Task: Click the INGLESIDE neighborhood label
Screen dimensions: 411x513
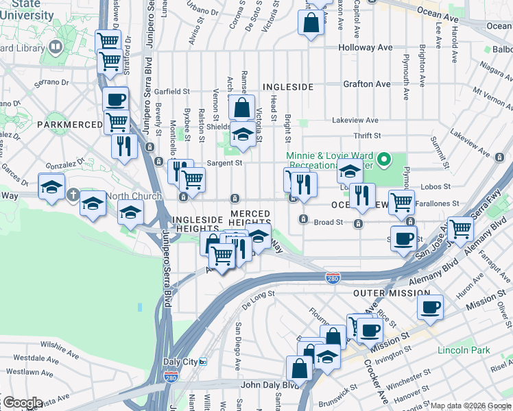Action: (287, 87)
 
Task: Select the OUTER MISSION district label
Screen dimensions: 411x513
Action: (381, 293)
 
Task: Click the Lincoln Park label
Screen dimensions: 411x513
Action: (464, 350)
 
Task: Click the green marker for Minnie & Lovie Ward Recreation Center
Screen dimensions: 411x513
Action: (385, 162)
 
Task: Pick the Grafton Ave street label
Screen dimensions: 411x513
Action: (366, 84)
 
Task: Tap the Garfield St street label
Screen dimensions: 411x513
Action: (171, 91)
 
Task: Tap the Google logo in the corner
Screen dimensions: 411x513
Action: (22, 403)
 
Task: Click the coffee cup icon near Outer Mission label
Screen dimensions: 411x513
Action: (430, 308)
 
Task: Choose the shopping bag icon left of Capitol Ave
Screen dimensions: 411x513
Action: (311, 22)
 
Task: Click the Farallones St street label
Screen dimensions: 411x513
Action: (441, 203)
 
